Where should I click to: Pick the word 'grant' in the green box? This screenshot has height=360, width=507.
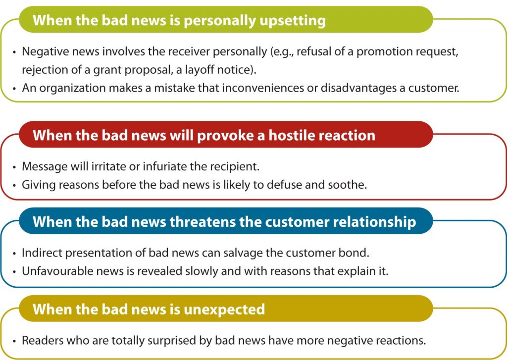pyautogui.click(x=105, y=70)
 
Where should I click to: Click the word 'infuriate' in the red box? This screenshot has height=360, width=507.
pyautogui.click(x=164, y=166)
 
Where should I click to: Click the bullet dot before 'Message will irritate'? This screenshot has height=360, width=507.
pyautogui.click(x=14, y=167)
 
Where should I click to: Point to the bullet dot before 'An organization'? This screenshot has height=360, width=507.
pyautogui.click(x=14, y=89)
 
